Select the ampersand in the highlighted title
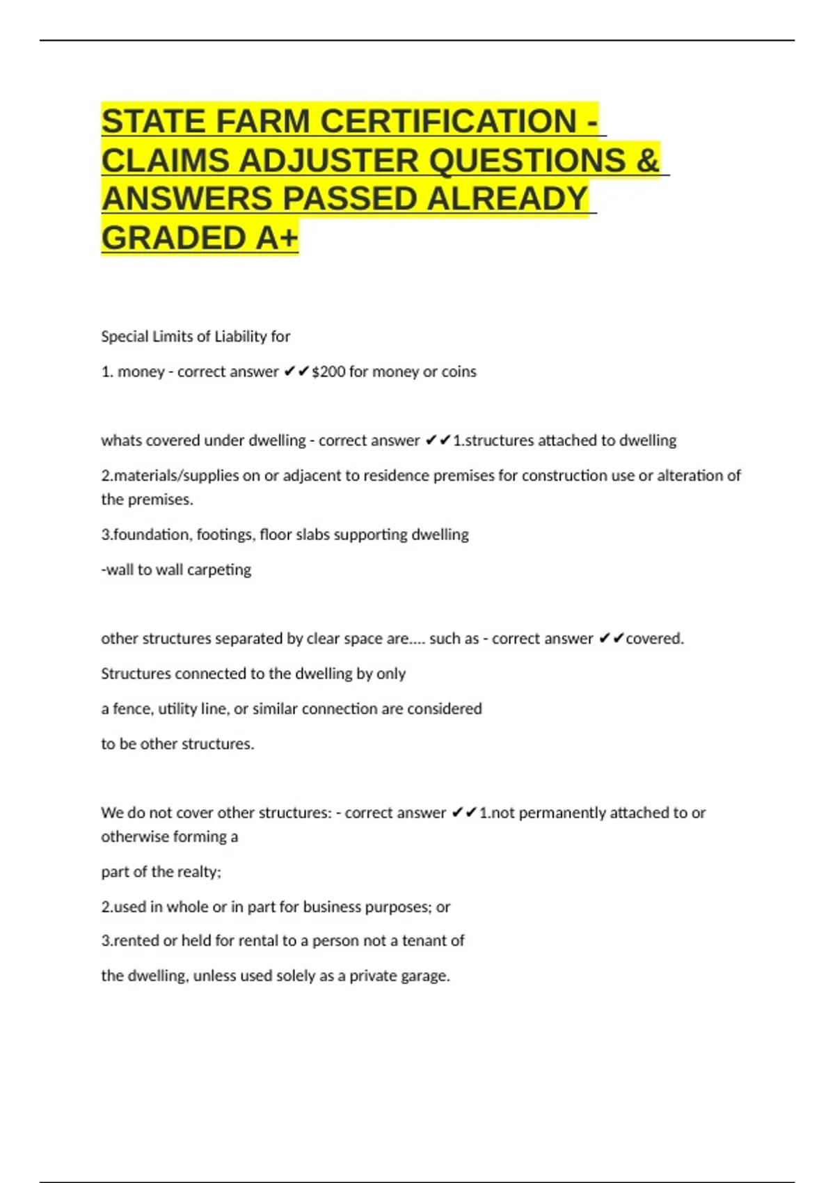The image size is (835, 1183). (647, 161)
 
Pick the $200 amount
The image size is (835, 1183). (328, 372)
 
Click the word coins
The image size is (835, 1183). (459, 372)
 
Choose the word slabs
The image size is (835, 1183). (315, 534)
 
